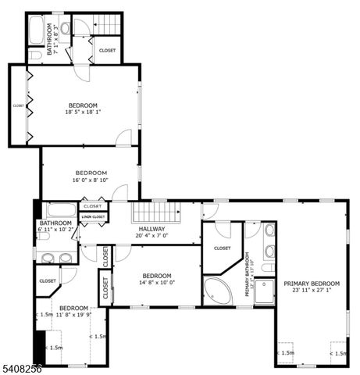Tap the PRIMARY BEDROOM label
(x=312, y=284)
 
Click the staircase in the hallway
(x=154, y=211)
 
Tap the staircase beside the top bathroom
(x=109, y=26)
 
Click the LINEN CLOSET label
(x=93, y=216)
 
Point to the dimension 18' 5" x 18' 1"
(x=83, y=112)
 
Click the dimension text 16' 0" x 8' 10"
(x=91, y=180)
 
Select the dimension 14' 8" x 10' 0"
(x=157, y=283)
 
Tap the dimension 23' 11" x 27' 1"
(x=312, y=291)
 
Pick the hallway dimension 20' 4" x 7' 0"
(x=151, y=235)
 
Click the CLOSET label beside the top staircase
(x=107, y=50)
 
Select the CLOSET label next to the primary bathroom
(x=222, y=248)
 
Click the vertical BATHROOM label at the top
(x=49, y=37)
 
